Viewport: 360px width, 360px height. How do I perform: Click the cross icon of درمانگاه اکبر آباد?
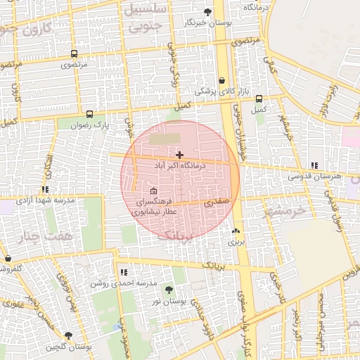180,155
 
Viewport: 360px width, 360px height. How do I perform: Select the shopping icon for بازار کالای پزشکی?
222,80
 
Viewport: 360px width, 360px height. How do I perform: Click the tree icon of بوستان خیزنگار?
207,12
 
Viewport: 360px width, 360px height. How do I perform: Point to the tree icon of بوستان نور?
169,289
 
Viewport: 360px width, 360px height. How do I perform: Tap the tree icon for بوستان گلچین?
68,335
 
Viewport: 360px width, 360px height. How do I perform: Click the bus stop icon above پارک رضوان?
89,114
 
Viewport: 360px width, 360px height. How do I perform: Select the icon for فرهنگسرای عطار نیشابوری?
154,191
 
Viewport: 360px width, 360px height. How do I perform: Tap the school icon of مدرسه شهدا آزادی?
46,189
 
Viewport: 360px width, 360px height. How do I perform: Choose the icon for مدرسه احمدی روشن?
124,272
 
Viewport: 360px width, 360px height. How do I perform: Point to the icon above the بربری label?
235,231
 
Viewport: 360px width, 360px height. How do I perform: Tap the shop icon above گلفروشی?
8,259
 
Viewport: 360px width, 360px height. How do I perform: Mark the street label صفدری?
217,201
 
